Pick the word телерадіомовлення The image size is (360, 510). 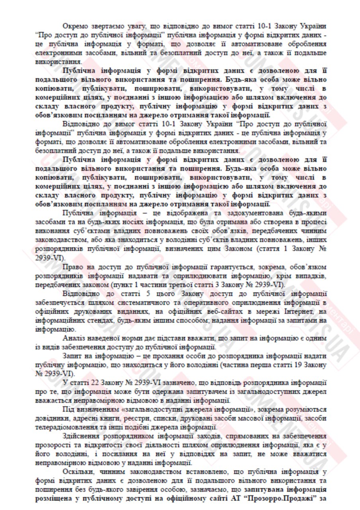tap(65, 427)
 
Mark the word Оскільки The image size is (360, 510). tap(78, 472)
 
